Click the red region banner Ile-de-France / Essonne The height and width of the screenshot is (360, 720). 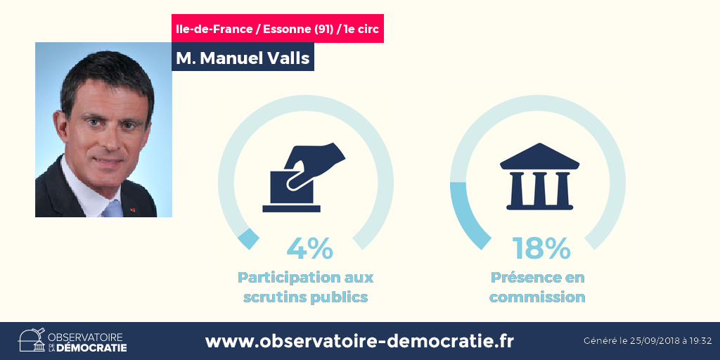pyautogui.click(x=277, y=28)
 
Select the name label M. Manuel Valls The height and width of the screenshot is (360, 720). pyautogui.click(x=243, y=57)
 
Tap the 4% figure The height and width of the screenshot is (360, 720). pyautogui.click(x=309, y=248)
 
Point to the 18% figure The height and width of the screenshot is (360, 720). pyautogui.click(x=542, y=248)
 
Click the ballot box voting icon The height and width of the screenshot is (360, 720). pyautogui.click(x=304, y=178)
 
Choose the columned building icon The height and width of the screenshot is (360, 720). pyautogui.click(x=539, y=176)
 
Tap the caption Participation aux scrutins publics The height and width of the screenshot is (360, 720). pyautogui.click(x=305, y=287)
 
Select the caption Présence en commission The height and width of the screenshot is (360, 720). pyautogui.click(x=537, y=287)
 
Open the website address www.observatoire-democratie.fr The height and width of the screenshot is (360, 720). pyautogui.click(x=359, y=341)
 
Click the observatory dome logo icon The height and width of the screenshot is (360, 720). pyautogui.click(x=32, y=340)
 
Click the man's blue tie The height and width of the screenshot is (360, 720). pyautogui.click(x=112, y=209)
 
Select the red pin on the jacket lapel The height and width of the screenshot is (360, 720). pyautogui.click(x=133, y=210)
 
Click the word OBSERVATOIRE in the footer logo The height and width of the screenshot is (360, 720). pyautogui.click(x=85, y=336)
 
